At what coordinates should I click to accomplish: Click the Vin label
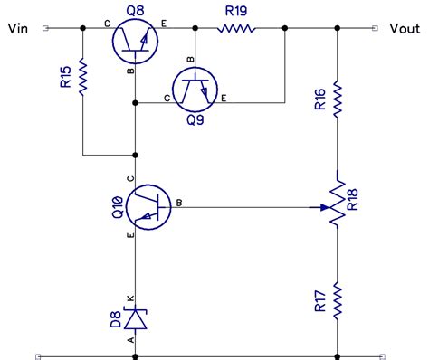19,29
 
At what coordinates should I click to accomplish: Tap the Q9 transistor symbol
195,89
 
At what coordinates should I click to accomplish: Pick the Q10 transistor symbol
147,206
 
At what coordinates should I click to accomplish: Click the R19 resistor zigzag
238,29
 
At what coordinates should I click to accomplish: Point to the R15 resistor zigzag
82,77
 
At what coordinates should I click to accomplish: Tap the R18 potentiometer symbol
337,206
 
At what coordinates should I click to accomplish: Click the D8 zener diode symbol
136,317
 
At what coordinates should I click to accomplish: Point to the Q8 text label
136,9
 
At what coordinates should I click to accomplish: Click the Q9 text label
195,120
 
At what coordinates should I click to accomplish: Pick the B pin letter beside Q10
179,202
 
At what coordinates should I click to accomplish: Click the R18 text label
355,200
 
